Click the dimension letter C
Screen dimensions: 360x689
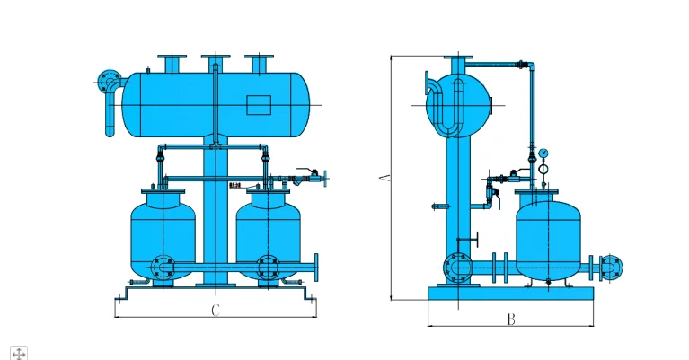tap(216, 312)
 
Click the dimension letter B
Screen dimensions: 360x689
tap(510, 319)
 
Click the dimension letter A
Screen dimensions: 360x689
tap(384, 179)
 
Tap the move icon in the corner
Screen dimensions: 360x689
tap(19, 352)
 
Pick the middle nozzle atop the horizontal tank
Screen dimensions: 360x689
tap(216, 64)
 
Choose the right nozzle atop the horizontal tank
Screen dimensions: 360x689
tap(259, 64)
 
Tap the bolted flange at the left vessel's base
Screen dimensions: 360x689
tap(162, 267)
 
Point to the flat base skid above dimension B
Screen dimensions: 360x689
tap(511, 294)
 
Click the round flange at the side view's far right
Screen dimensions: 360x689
tap(612, 267)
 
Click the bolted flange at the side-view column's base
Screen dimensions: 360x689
tap(457, 268)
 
